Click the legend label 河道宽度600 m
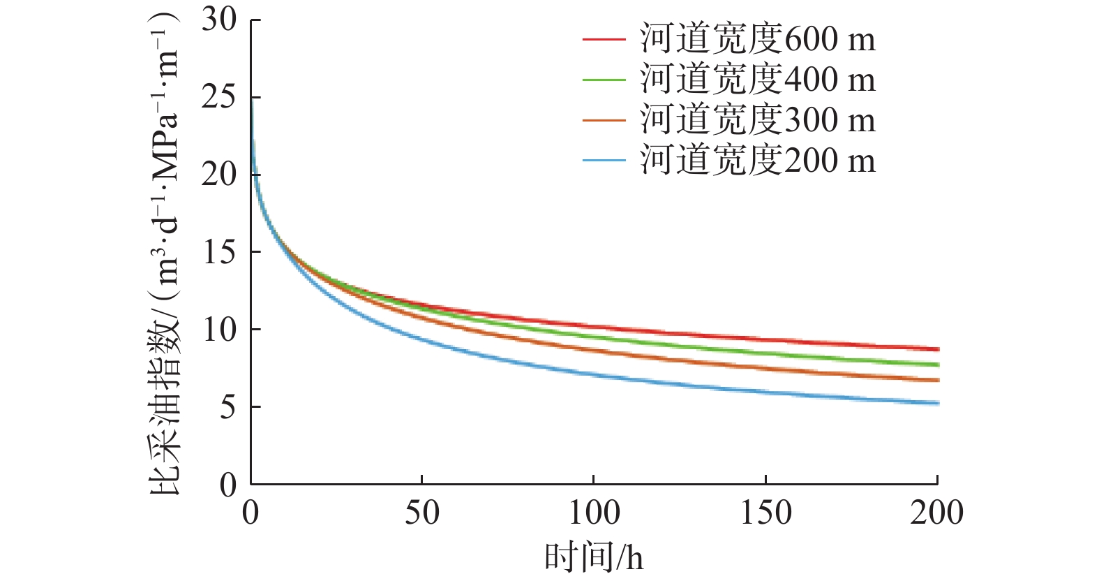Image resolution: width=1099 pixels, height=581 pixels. coord(758,39)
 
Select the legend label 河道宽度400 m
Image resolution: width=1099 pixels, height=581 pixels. coord(758,80)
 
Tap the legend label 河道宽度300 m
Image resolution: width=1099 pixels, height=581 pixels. coord(758,120)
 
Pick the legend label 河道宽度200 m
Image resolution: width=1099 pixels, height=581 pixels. coord(758,161)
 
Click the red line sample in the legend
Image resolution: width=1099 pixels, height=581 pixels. coord(604,39)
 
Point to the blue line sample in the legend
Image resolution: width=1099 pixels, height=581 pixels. coord(604,161)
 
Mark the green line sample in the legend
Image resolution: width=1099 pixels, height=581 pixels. coord(604,80)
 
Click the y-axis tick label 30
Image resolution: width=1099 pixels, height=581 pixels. coord(219,20)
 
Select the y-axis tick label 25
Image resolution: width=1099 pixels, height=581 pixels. coord(219,97)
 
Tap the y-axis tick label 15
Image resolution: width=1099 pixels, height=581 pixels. coord(219,252)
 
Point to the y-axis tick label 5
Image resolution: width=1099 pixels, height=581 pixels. coord(228,407)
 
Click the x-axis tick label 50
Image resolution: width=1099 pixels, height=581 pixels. coord(422,513)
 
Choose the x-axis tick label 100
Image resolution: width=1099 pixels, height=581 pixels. coord(594,513)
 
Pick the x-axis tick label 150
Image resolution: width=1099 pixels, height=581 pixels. coord(765,513)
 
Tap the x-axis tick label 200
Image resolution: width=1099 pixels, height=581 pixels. coord(936,513)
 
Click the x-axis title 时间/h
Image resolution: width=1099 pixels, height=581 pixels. coord(594,558)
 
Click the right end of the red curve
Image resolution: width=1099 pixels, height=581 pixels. coord(938,349)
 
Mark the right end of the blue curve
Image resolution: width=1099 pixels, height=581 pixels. coord(938,403)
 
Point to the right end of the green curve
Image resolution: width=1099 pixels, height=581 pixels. coord(938,365)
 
